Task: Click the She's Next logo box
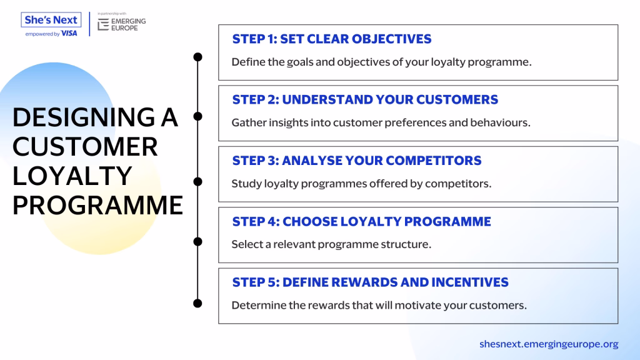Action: (x=51, y=19)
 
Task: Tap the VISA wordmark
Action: (x=69, y=34)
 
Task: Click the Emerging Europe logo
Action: (x=122, y=24)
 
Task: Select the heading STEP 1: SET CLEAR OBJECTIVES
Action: (x=332, y=39)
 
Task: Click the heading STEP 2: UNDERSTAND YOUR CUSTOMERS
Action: (x=365, y=99)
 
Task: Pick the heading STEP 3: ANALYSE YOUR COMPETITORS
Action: (x=357, y=161)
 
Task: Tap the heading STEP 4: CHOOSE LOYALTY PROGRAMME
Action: (x=362, y=221)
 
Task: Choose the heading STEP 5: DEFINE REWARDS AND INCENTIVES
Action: (x=370, y=282)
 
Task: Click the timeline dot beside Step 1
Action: (x=197, y=57)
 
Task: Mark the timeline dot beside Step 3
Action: (x=197, y=181)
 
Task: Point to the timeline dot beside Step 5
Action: (x=197, y=303)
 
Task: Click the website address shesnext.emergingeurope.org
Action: (x=549, y=344)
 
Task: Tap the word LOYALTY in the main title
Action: (x=72, y=176)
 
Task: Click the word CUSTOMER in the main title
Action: (x=85, y=146)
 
